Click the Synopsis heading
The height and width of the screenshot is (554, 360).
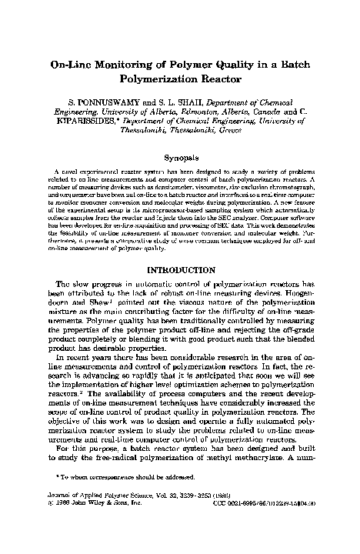179,157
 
